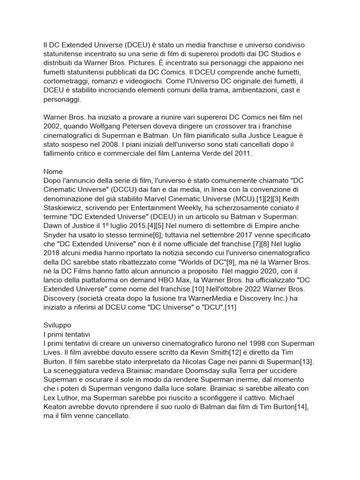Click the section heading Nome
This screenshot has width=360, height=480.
53,172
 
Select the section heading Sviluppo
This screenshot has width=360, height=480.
57,324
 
